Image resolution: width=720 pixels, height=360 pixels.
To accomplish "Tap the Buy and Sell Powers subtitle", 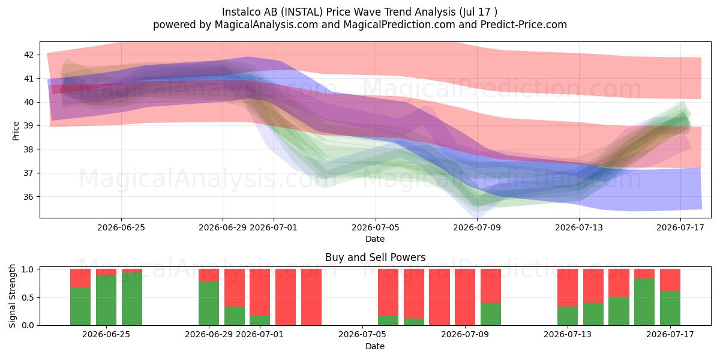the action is pyautogui.click(x=375, y=257).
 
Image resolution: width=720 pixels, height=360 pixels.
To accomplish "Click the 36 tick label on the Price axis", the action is pyautogui.click(x=29, y=197).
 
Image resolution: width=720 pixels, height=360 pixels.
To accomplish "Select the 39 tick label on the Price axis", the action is pyautogui.click(x=29, y=125).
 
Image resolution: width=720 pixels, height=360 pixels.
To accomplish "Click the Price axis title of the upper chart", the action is pyautogui.click(x=16, y=131).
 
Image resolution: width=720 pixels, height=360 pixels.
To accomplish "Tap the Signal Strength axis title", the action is pyautogui.click(x=12, y=296).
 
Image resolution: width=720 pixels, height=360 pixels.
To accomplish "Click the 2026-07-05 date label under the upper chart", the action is pyautogui.click(x=376, y=227).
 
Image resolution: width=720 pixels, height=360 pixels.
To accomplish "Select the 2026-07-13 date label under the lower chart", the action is pyautogui.click(x=568, y=334).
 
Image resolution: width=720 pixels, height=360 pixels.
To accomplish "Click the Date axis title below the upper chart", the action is pyautogui.click(x=375, y=239).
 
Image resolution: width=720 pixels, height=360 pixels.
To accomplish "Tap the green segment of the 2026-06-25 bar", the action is pyautogui.click(x=106, y=300).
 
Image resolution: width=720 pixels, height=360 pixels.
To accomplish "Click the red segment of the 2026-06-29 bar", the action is pyautogui.click(x=209, y=275).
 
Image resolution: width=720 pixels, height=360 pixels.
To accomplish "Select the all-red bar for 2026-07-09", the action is pyautogui.click(x=465, y=297).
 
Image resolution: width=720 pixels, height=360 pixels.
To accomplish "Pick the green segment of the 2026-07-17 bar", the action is pyautogui.click(x=670, y=308).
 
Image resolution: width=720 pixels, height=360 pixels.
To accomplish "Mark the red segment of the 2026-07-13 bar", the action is pyautogui.click(x=568, y=287).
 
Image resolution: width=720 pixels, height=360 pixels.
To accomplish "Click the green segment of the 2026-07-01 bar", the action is pyautogui.click(x=260, y=320).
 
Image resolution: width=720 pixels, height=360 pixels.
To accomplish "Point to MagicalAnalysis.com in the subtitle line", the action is pyautogui.click(x=266, y=25).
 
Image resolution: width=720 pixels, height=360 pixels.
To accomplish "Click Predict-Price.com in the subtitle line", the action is pyautogui.click(x=524, y=25).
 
